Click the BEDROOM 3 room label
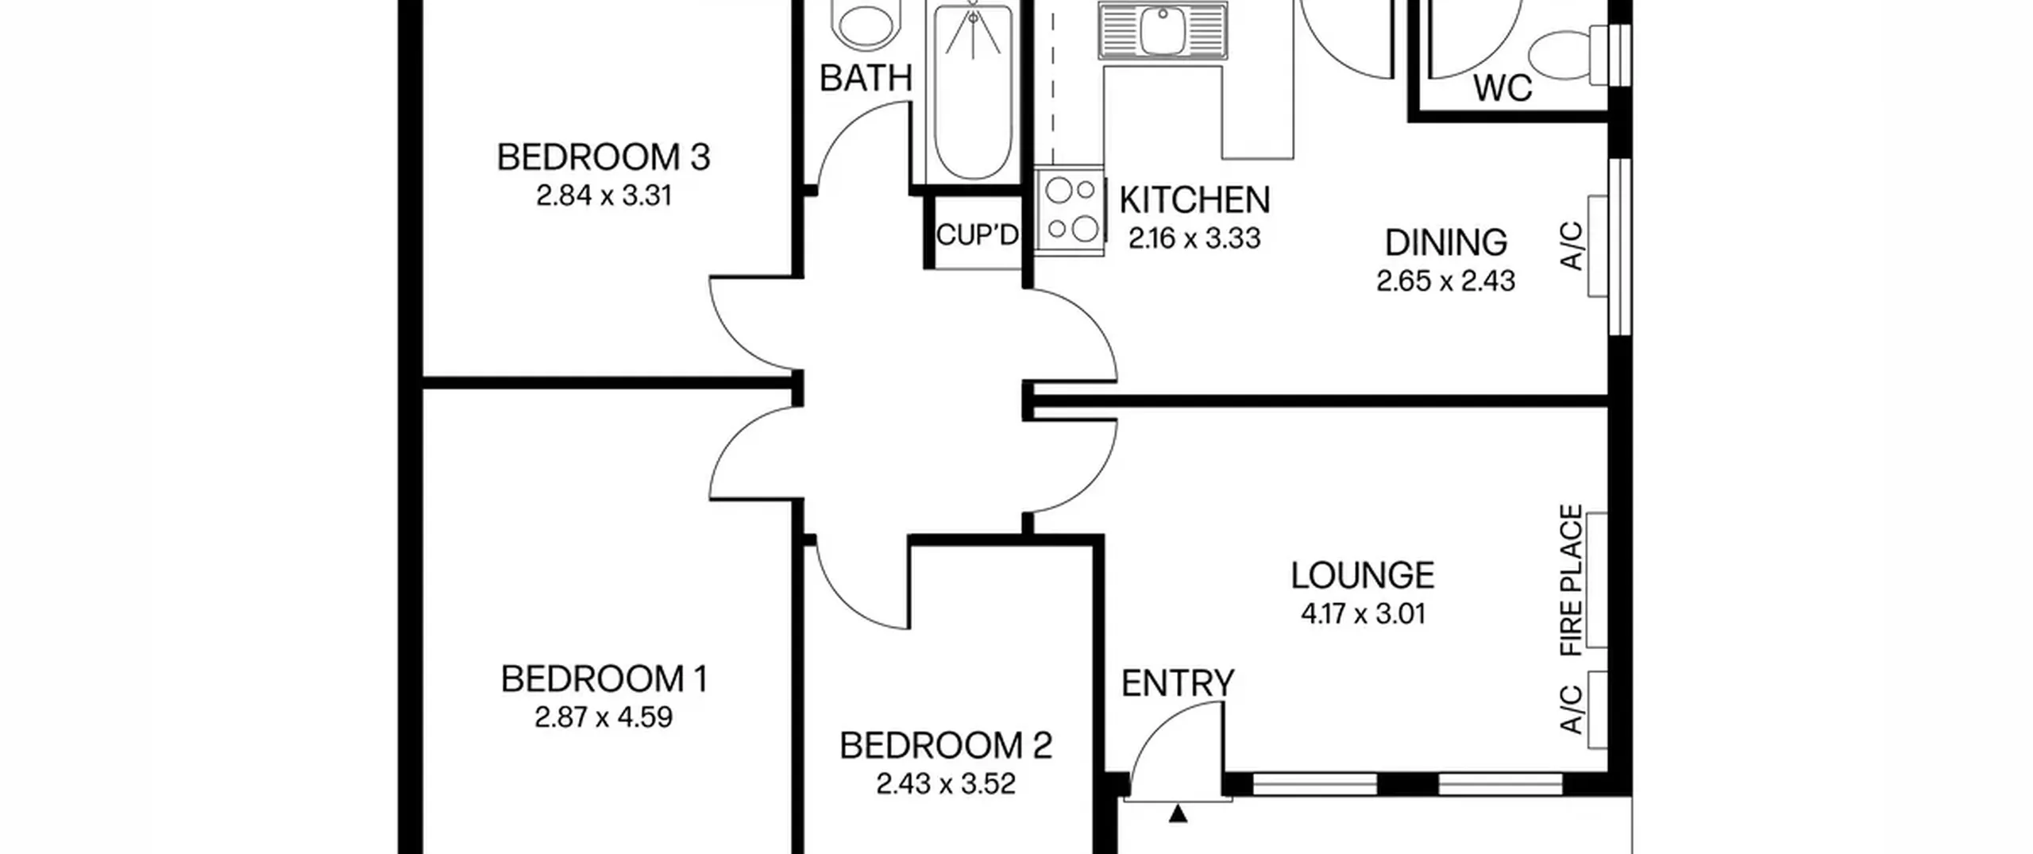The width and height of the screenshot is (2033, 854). (x=604, y=157)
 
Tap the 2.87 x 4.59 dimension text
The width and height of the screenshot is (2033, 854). (x=604, y=717)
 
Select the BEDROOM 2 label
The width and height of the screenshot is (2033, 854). (x=946, y=746)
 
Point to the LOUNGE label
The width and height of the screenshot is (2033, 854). (x=1363, y=576)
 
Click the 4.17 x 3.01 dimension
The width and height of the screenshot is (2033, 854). (x=1363, y=614)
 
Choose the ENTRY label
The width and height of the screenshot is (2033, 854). (x=1178, y=683)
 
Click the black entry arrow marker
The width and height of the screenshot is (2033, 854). (x=1179, y=813)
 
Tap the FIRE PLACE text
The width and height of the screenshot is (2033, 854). (x=1572, y=581)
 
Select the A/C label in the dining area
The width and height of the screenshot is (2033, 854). (x=1572, y=246)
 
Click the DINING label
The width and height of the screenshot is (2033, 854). (x=1446, y=243)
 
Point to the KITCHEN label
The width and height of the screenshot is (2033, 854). (x=1194, y=200)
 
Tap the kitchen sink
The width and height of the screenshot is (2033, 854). (x=1163, y=30)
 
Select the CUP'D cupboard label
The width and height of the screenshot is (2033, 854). (x=977, y=235)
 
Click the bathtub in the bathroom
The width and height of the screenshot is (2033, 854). (x=973, y=91)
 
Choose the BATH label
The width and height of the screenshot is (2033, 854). (x=866, y=79)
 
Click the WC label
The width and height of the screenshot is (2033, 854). (x=1503, y=88)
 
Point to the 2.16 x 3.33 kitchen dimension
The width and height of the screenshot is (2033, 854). (x=1194, y=238)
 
